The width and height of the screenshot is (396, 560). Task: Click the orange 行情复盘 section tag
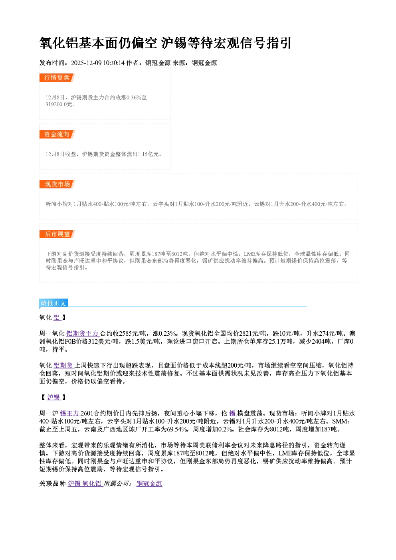[57, 77]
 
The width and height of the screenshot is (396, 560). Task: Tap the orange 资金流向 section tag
[57, 134]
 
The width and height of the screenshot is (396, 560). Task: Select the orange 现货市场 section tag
[57, 184]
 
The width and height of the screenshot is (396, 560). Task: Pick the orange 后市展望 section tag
[57, 234]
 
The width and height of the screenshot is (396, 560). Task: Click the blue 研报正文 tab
[53, 303]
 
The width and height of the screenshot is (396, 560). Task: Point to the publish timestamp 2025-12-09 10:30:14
[98, 63]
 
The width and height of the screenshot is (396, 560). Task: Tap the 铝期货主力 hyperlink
[82, 334]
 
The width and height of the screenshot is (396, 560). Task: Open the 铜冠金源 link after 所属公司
[149, 483]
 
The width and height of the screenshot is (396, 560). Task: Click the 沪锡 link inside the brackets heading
[53, 397]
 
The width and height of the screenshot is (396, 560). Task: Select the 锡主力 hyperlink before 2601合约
[69, 413]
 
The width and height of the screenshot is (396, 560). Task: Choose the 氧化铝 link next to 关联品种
[91, 483]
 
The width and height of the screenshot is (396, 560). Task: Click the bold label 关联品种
[52, 483]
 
